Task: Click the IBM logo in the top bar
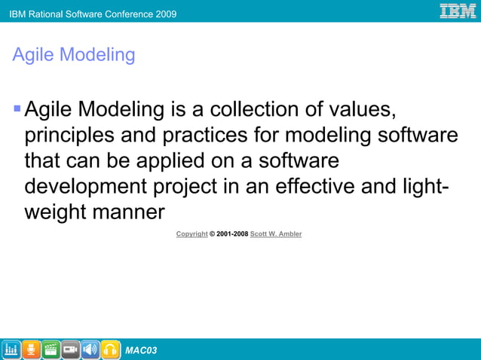pyautogui.click(x=458, y=11)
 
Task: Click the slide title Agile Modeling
pyautogui.click(x=74, y=55)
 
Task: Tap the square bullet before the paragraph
pyautogui.click(x=17, y=111)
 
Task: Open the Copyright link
pyautogui.click(x=191, y=234)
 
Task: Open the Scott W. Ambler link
pyautogui.click(x=276, y=234)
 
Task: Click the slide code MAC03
pyautogui.click(x=141, y=350)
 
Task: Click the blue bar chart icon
pyautogui.click(x=11, y=349)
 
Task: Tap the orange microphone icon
pyautogui.click(x=31, y=349)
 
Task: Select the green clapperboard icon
pyautogui.click(x=51, y=349)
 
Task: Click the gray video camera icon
pyautogui.click(x=71, y=349)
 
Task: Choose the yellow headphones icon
pyautogui.click(x=110, y=349)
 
